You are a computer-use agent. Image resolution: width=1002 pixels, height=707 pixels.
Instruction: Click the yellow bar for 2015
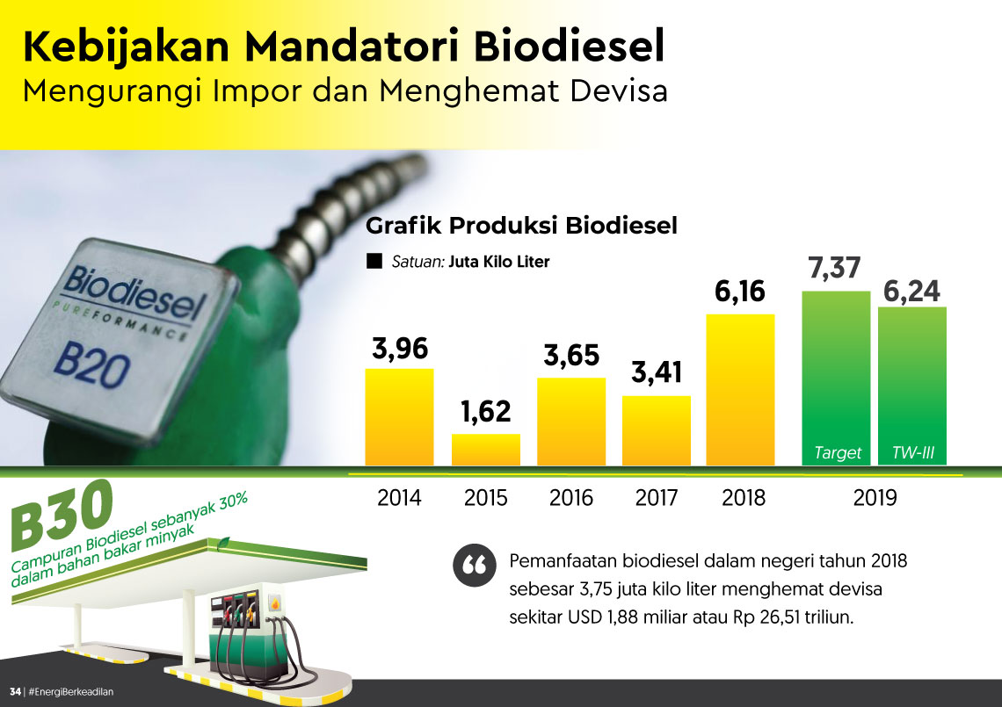point(486,450)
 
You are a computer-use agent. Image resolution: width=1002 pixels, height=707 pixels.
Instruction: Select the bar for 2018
point(740,390)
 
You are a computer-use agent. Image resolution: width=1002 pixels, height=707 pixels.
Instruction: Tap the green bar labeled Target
point(836,378)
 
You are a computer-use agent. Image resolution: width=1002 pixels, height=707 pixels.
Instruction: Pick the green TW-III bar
point(911,386)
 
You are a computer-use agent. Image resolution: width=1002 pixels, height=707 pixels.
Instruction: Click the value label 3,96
point(399,349)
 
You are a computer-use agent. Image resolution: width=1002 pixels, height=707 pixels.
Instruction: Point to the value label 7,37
point(835,268)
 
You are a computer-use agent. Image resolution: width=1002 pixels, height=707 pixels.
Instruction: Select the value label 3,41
point(657,372)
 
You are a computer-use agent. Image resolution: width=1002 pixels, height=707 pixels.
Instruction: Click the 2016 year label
point(570,497)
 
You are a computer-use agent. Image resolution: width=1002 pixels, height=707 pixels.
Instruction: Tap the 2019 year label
point(875,497)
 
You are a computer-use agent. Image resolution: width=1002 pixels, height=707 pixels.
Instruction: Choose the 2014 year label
point(399,497)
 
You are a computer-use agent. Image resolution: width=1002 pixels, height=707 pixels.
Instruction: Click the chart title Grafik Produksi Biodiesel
point(521,226)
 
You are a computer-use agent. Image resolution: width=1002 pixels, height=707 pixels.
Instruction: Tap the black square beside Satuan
point(374,261)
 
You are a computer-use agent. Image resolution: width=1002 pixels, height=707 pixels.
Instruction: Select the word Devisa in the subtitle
point(619,90)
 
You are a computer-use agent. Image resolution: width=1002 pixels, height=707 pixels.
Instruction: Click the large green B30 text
point(62,515)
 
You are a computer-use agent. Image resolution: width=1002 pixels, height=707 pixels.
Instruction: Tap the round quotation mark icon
point(474,566)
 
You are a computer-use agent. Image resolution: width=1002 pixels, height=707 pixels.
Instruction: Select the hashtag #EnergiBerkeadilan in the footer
point(71,692)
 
